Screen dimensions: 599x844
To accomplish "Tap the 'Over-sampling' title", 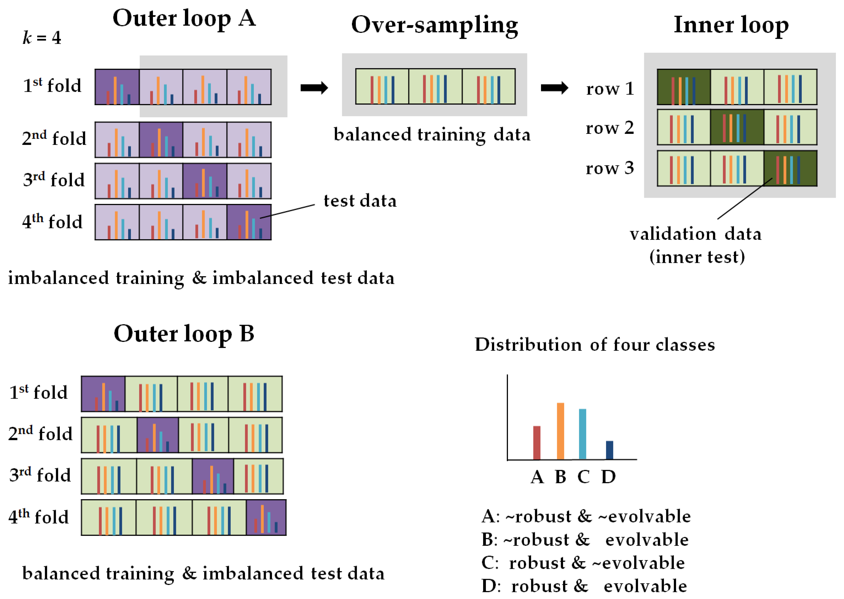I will click(x=434, y=25).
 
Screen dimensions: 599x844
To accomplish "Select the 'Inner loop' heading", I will click(x=731, y=25).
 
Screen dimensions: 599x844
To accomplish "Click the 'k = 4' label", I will click(x=42, y=38).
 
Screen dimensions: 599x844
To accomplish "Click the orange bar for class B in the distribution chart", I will click(x=560, y=431).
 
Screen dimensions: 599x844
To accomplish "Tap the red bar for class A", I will click(x=537, y=443).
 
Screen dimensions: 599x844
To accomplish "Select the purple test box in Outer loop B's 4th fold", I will click(x=266, y=518).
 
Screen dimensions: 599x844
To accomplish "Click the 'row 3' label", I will click(x=610, y=168).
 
